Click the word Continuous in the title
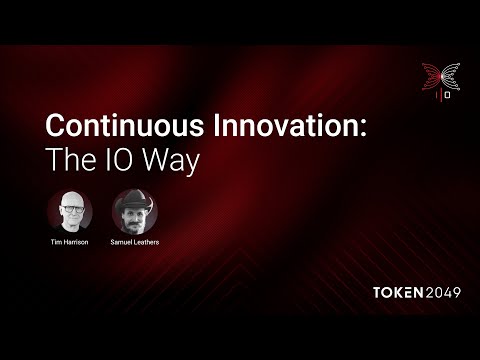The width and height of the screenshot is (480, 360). point(125,125)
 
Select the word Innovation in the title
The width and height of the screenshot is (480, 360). point(285,125)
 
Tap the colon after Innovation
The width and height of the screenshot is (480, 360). point(363,128)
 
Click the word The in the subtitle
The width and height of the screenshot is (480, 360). point(70,159)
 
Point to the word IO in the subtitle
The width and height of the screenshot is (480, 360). point(120,159)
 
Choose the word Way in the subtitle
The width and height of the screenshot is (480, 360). point(172,162)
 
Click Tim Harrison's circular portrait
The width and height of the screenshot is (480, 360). point(70,211)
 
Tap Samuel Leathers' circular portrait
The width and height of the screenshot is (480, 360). point(135,211)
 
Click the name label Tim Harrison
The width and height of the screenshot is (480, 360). point(69,242)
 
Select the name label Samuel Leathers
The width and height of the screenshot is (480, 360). point(135,242)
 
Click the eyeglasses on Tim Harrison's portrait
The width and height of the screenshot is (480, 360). point(72,209)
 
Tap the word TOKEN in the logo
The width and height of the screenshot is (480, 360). point(398,292)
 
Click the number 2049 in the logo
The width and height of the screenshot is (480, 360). point(443,292)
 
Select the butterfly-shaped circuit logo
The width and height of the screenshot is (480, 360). point(441,77)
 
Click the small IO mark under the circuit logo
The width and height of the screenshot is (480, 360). point(444,95)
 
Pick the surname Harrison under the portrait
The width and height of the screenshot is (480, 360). point(75,242)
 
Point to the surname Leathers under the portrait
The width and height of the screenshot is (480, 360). point(147,242)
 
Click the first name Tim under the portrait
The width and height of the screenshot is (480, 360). point(56,242)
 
